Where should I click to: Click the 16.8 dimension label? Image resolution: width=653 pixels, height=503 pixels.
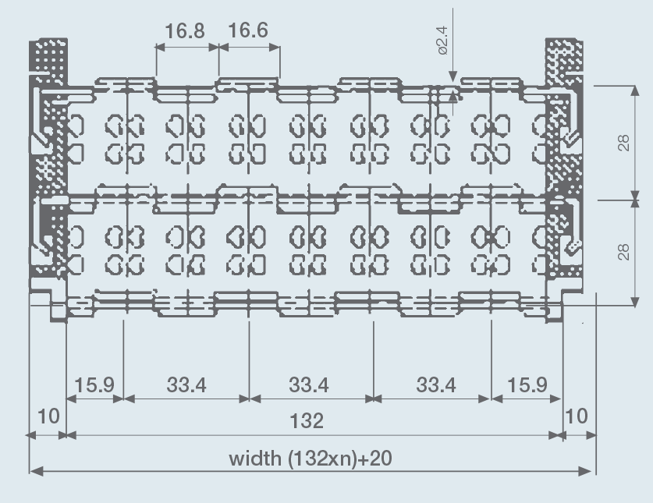[x=185, y=31]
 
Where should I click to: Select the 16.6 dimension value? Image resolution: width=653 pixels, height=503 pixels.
[x=248, y=30]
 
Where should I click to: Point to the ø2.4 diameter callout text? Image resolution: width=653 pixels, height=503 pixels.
[x=442, y=41]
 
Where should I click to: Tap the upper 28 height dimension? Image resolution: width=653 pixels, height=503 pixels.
[x=623, y=143]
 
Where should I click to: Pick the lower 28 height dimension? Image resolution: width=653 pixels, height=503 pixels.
[x=623, y=252]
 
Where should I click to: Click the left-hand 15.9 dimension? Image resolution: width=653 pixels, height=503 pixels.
[x=94, y=384]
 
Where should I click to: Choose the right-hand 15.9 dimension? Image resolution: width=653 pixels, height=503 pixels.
[x=527, y=384]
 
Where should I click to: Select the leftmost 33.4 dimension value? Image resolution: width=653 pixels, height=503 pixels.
[x=186, y=384]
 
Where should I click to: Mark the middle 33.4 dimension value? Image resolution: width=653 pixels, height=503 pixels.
[x=309, y=384]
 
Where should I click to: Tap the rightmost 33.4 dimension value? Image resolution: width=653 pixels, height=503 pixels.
[x=435, y=384]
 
